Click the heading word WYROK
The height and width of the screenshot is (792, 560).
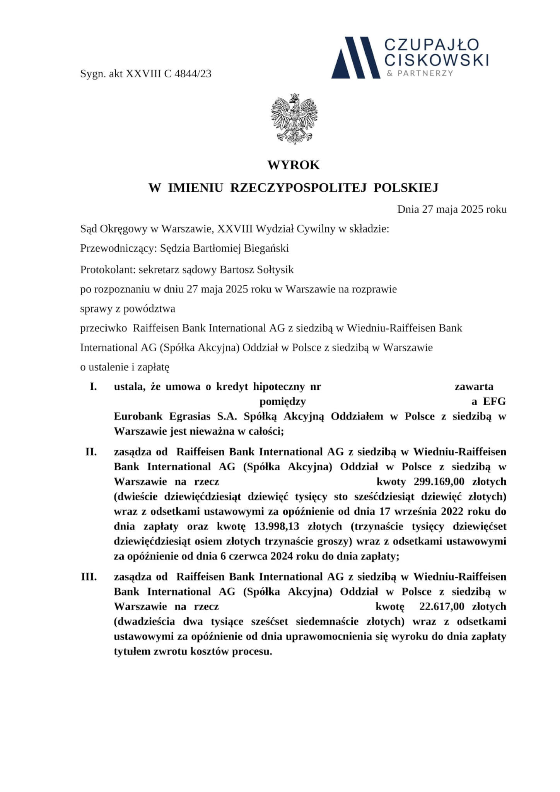[294, 165]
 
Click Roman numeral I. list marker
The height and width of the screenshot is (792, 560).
[93, 386]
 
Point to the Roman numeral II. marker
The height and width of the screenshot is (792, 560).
[91, 451]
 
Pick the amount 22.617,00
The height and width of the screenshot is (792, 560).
[442, 606]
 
